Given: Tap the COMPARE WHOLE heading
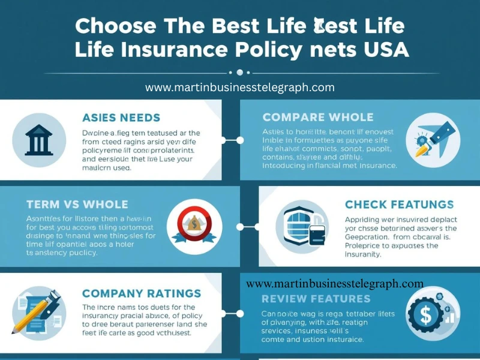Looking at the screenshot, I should pos(318,117).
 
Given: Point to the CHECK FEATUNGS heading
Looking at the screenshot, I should pos(399,205).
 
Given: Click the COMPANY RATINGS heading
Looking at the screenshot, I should pos(141,293).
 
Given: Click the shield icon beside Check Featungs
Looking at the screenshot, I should pos(299,226).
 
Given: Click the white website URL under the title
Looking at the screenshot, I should pos(239,88).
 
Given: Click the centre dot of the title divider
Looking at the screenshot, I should pos(240,73).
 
